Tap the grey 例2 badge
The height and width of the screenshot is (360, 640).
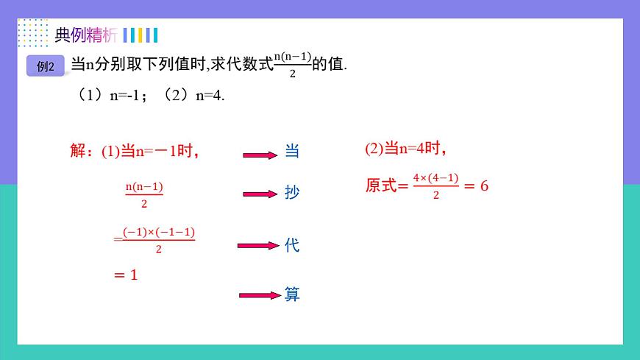(46, 66)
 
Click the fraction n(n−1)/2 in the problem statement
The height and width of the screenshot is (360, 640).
(292, 65)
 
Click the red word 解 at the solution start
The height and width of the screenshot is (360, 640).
(78, 152)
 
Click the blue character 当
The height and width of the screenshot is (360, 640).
(292, 152)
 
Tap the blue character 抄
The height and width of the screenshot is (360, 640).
(292, 193)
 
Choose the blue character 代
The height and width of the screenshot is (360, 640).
(292, 245)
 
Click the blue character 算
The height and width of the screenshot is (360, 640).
(292, 294)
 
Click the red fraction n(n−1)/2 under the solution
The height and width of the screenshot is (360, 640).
(144, 195)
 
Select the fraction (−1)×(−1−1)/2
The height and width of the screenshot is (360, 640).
(159, 240)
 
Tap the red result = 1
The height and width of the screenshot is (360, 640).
(126, 275)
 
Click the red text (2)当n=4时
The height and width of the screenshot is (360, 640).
(405, 149)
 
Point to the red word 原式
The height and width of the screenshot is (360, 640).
(381, 186)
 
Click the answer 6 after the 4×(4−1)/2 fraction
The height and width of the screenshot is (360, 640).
(484, 186)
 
